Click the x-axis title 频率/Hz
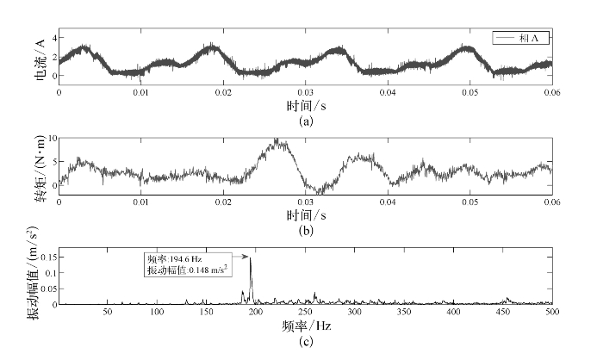pyautogui.click(x=305, y=327)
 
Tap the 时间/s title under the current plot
pyautogui.click(x=305, y=106)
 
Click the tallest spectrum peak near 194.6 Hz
pyautogui.click(x=251, y=258)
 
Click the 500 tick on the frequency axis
pyautogui.click(x=551, y=313)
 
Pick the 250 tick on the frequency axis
pyautogui.click(x=305, y=313)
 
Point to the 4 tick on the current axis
pyautogui.click(x=53, y=39)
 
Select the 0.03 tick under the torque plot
pyautogui.click(x=305, y=201)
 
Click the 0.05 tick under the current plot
pyautogui.click(x=469, y=91)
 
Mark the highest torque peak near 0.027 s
pyautogui.click(x=277, y=140)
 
